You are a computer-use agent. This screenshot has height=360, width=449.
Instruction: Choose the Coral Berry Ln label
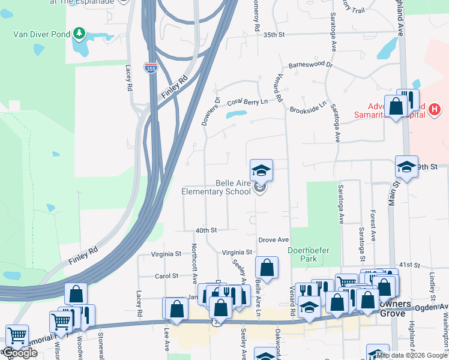click(247, 101)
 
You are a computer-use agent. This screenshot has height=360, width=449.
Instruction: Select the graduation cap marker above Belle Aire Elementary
click(261, 170)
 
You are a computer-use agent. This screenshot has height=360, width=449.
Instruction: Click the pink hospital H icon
click(435, 109)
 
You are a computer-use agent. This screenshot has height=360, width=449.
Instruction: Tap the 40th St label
click(205, 230)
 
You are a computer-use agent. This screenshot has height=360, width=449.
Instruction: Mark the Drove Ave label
click(274, 240)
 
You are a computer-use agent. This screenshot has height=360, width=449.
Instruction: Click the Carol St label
click(167, 276)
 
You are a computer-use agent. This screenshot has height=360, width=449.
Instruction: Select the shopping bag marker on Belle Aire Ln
click(267, 268)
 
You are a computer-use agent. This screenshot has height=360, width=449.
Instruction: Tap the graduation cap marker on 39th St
click(406, 167)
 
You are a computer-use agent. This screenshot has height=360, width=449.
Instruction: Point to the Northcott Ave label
click(194, 263)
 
